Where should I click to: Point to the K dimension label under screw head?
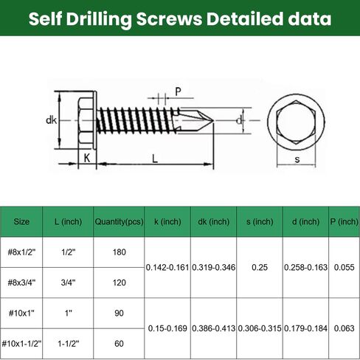pos(86,157)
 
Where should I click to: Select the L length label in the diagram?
pos(153,157)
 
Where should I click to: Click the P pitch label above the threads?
pos(178,91)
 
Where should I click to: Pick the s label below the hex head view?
pos(297,158)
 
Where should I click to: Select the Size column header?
pos(22,221)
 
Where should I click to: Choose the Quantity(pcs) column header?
pos(118,221)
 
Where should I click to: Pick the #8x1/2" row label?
pos(22,252)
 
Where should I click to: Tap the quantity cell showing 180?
pos(118,252)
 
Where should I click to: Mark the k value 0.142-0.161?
pos(167,267)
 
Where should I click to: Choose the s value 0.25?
pos(257,267)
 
